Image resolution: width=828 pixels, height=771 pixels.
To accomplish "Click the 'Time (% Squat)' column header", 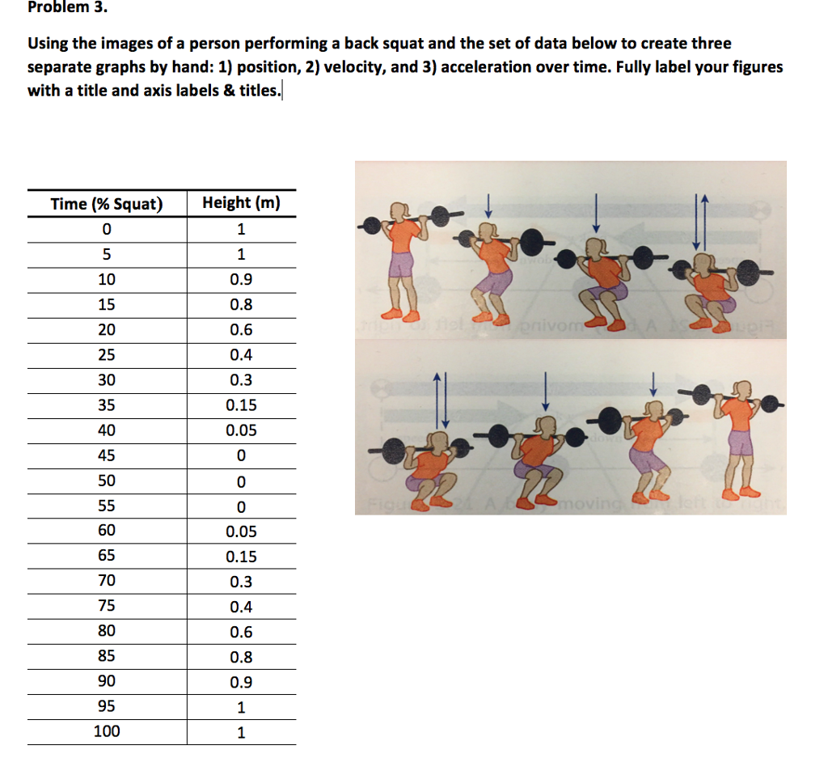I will coord(106,204).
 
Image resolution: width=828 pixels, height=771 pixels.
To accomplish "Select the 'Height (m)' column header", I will coord(241,203).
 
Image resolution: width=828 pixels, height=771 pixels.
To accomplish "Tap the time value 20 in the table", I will coord(106,329).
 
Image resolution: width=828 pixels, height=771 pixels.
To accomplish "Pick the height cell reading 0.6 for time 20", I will coord(241,329).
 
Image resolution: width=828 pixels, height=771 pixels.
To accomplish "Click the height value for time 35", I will coord(241,405).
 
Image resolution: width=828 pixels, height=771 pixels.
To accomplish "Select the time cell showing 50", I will coord(106,481).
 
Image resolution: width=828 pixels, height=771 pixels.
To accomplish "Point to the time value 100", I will coord(106,731).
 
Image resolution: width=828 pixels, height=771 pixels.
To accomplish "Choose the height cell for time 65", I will coord(241,557).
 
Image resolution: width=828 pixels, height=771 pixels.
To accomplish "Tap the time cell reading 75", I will coord(106,606).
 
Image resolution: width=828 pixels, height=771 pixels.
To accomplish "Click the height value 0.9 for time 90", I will coord(241,682).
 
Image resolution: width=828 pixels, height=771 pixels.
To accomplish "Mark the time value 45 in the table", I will coord(106,455).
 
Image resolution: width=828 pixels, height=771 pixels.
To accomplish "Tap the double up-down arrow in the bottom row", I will coord(441,400).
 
